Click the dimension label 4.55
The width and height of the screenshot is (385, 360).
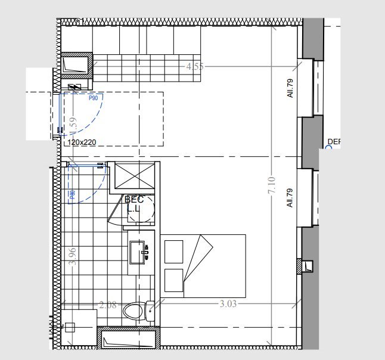coord(195,67)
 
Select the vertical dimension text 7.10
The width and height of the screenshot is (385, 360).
coord(272,187)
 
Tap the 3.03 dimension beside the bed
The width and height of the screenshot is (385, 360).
coord(228,303)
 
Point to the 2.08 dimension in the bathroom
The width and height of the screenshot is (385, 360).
coord(108,305)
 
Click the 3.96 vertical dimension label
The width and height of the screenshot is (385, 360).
coord(72,256)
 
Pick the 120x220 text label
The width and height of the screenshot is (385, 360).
coord(82,142)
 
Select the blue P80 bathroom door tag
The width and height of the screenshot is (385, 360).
coord(72,194)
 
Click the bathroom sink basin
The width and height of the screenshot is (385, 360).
coord(141,252)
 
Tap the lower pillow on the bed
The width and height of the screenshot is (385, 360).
coord(173,280)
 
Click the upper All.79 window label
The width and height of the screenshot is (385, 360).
coord(291,88)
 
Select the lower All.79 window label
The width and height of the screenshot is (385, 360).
coord(291,198)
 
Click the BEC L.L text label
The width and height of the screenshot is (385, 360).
coord(134,204)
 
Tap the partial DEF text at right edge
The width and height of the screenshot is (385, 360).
coord(334,142)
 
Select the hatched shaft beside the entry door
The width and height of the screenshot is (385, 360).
coord(76,66)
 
